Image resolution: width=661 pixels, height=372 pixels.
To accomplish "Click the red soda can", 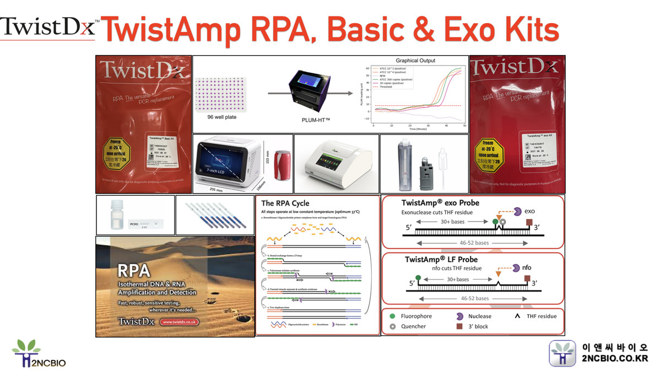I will [x=282, y=166].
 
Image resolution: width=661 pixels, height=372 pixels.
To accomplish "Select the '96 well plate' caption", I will [x=223, y=117].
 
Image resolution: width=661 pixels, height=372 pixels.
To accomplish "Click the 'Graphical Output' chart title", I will [x=415, y=61].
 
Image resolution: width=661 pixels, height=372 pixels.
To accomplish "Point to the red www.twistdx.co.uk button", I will [x=180, y=322].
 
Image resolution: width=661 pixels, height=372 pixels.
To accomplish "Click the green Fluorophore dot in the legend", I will [x=392, y=316].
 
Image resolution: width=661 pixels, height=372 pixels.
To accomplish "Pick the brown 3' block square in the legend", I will [x=458, y=326].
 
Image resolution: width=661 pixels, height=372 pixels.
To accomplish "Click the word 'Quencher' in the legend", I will [x=414, y=326].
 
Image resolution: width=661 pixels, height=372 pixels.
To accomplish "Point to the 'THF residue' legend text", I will [x=542, y=316].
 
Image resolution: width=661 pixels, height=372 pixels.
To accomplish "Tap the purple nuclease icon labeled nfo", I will [x=516, y=268].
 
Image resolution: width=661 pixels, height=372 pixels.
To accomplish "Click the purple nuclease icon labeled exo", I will [x=518, y=211].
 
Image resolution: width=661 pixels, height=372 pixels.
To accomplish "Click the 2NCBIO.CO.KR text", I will [x=615, y=359].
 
